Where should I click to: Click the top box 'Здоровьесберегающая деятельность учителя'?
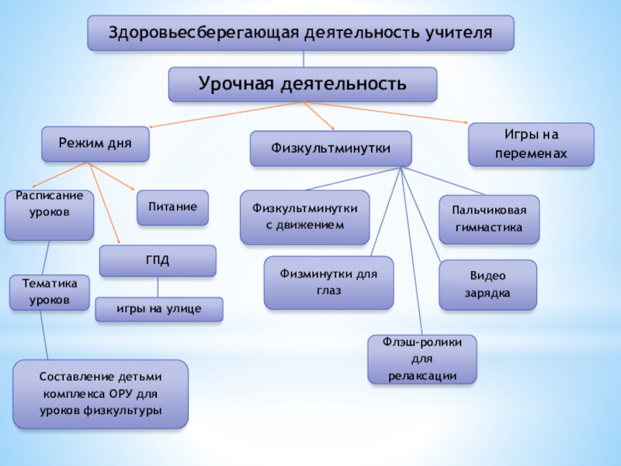(x=300, y=33)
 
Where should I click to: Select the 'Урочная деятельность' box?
(x=303, y=84)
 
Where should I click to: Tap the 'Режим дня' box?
(x=95, y=144)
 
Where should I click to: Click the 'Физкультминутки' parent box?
(x=331, y=148)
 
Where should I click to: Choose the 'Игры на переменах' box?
(x=531, y=144)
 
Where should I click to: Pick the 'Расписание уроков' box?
(x=49, y=214)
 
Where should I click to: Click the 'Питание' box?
(x=173, y=207)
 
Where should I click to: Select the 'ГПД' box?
(x=158, y=260)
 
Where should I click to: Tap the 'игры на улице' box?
(x=158, y=309)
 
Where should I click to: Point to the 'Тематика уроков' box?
(x=49, y=293)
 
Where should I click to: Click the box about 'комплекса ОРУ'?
(x=101, y=394)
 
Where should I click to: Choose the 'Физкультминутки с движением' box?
(x=304, y=217)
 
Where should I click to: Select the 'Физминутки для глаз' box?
(x=328, y=282)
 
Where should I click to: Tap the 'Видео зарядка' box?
(x=487, y=285)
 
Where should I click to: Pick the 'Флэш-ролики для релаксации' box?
(x=422, y=359)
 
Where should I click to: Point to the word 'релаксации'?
(x=422, y=376)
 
